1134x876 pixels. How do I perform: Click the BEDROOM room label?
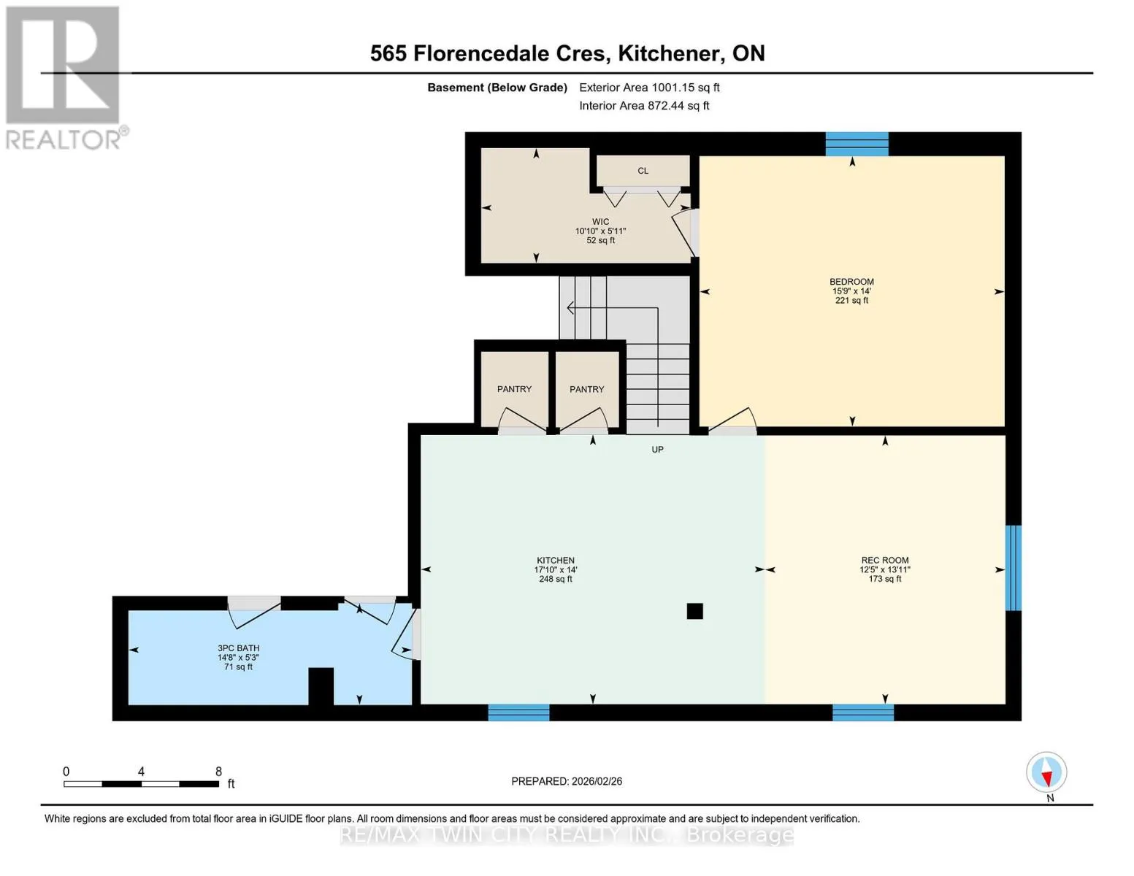point(851,282)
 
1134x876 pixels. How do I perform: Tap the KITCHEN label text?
point(555,561)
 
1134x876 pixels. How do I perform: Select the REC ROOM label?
point(884,561)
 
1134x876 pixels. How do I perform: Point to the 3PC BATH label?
point(239,648)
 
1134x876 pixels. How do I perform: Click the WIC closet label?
point(601,222)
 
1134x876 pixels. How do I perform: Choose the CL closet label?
point(643,171)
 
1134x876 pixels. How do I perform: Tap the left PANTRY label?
point(514,389)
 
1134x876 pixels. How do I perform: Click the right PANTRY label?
point(586,389)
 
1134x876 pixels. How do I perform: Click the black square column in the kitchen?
point(694,611)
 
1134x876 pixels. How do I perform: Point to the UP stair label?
point(657,449)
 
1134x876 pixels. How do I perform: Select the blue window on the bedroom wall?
point(857,144)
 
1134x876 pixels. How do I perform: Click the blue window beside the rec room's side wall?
point(1014,568)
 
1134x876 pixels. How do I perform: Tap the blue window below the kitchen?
point(518,712)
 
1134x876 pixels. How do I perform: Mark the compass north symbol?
point(1046,773)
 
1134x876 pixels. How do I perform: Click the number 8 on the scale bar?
point(218,772)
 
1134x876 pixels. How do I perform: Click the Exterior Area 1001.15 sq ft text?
point(649,88)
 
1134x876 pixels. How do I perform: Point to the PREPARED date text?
point(567,781)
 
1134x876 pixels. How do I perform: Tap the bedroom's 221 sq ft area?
point(851,301)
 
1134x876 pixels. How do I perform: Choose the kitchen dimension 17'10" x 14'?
point(555,569)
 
